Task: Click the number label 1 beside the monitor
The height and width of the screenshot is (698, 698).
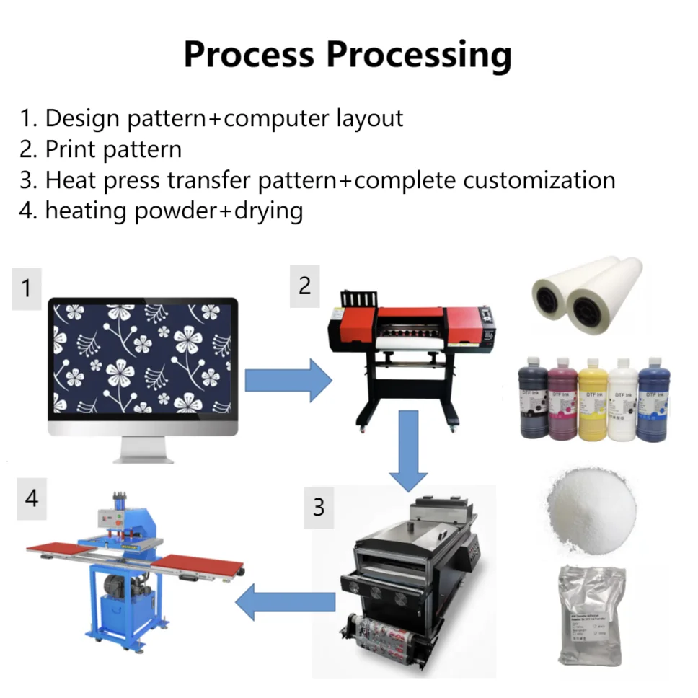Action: click(x=27, y=288)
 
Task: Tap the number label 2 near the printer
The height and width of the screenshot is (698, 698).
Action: click(x=304, y=286)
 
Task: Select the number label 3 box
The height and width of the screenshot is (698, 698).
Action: click(x=318, y=507)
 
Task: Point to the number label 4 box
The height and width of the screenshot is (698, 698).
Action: click(x=31, y=497)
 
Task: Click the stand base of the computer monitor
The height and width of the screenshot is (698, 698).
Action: click(x=142, y=455)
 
